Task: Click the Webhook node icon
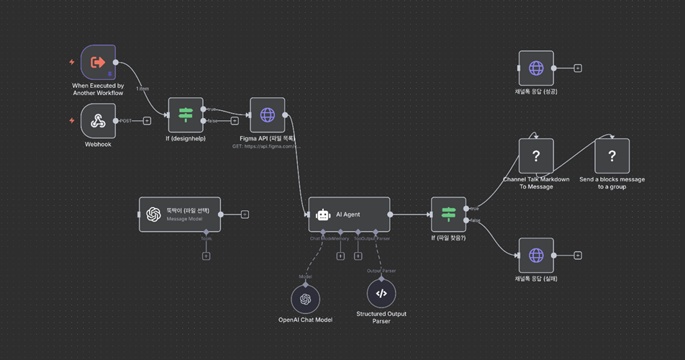98,121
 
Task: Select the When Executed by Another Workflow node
98,63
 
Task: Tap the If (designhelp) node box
186,115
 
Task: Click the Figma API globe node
267,115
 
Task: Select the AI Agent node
349,214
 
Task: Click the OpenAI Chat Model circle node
305,299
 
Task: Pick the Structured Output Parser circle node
381,294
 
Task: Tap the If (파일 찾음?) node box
448,214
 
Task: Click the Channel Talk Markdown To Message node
536,156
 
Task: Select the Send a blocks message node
612,156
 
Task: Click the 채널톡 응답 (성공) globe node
536,68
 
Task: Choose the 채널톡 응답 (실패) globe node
536,255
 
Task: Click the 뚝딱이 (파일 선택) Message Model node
180,214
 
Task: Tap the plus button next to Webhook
147,121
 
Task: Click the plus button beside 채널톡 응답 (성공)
578,68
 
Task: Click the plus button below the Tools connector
206,256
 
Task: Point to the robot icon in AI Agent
323,214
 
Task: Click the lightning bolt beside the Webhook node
72,121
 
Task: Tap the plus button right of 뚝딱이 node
245,214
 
